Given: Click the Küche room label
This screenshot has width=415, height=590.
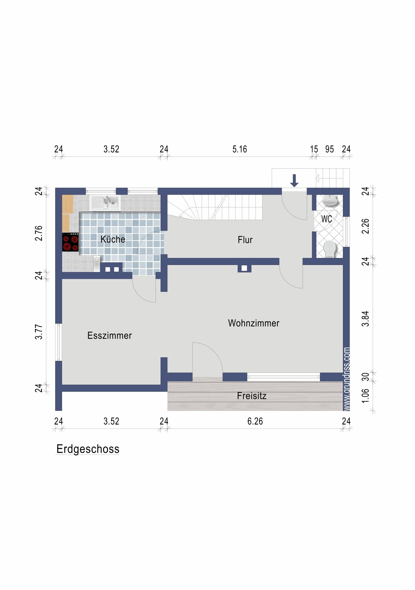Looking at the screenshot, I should (113, 239).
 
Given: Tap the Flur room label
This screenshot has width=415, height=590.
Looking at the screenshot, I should (245, 240).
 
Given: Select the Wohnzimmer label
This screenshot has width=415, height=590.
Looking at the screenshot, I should (253, 323).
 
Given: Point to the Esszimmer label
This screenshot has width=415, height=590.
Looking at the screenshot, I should (109, 335).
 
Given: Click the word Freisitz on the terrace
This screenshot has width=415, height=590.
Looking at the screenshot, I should (252, 396).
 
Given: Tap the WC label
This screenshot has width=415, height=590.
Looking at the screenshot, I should (327, 219).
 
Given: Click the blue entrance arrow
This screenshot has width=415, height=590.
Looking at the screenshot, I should (294, 181).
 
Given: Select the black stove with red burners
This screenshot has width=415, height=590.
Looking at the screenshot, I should (70, 242).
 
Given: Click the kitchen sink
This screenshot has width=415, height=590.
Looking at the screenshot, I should (105, 203).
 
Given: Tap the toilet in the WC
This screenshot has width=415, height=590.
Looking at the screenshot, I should (329, 249).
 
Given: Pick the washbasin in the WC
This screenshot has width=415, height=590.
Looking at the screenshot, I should (330, 201).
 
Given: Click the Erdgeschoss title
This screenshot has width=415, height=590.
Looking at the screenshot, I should (88, 449).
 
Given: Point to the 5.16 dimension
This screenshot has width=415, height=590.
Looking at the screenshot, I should (239, 149).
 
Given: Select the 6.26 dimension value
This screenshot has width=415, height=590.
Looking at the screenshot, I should (255, 421).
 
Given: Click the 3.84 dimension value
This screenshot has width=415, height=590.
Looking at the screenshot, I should (365, 319).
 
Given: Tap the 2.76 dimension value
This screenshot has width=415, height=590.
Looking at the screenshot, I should (39, 233).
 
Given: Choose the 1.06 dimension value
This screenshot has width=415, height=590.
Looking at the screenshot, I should (365, 396).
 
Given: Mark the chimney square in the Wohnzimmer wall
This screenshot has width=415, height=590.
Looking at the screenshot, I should (244, 268).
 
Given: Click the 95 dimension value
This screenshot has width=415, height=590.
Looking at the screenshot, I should (329, 149).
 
